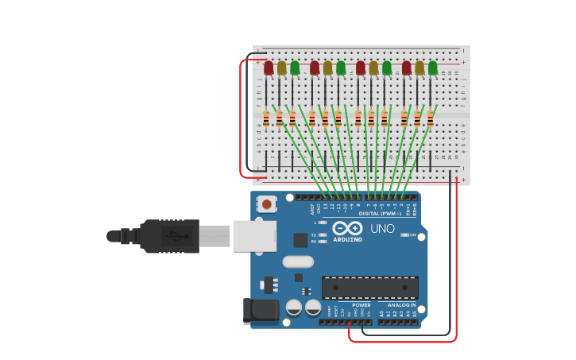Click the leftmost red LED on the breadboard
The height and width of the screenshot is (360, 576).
point(269,68)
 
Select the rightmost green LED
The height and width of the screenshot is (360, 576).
point(433,68)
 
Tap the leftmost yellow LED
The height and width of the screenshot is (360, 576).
point(281,68)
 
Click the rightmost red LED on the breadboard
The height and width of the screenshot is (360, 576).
point(407,68)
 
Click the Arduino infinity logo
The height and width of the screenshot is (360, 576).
point(353,228)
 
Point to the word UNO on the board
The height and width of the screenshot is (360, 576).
point(382,229)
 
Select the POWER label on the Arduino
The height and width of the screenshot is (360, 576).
point(361,304)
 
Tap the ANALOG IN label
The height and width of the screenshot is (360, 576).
point(401,304)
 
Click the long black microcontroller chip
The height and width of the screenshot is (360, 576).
point(369,287)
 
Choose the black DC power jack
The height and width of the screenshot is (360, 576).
point(260,311)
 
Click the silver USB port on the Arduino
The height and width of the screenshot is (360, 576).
point(254,236)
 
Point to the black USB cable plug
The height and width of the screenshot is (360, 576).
point(168,236)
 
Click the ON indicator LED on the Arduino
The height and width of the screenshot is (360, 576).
point(405,235)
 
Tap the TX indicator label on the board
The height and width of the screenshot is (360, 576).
point(315,235)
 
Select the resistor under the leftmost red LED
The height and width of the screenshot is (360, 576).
point(266,119)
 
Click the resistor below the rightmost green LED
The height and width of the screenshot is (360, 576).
point(430,119)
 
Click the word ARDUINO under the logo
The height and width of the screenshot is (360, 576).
point(347,239)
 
